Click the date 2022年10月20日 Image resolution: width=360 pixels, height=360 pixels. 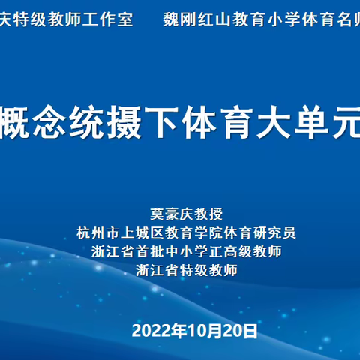click(195, 331)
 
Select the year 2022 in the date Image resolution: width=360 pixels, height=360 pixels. click(149, 331)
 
